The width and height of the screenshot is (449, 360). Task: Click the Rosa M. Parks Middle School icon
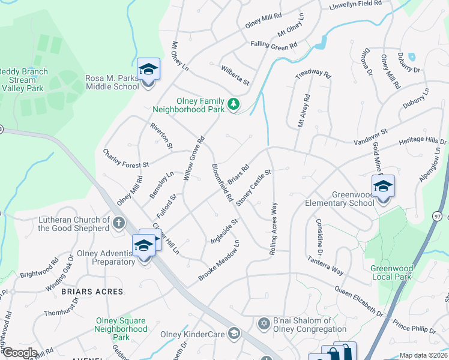148,70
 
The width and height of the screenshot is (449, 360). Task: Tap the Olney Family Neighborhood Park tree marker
234,105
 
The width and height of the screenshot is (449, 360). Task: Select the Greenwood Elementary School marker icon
383,187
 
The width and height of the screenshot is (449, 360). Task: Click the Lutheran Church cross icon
119,224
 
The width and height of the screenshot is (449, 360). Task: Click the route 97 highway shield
436,215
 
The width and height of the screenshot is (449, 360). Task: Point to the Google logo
19,353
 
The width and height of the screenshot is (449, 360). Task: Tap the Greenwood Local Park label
391,272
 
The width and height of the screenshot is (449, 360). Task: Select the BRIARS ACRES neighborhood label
92,292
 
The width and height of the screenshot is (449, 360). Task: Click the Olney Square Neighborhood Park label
122,329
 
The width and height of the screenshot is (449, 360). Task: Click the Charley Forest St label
125,159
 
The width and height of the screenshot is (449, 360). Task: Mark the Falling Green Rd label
274,46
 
